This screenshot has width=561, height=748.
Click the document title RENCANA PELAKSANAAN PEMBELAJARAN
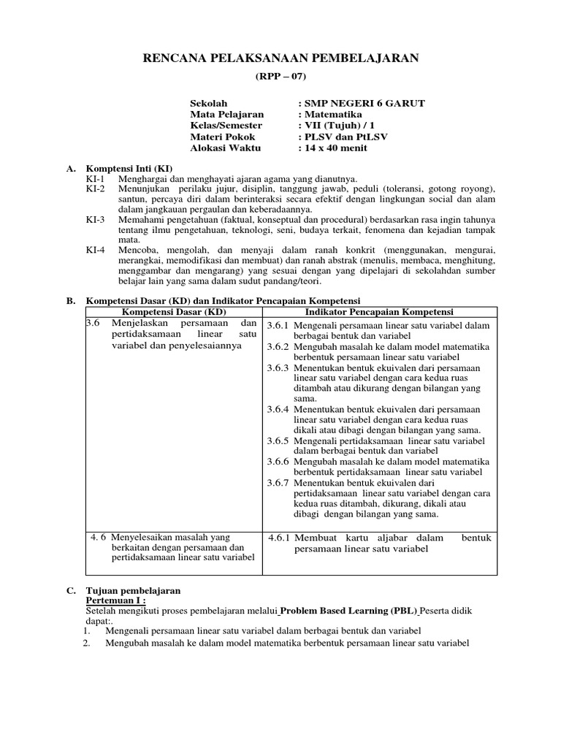(x=280, y=58)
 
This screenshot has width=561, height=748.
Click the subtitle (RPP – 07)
(x=280, y=77)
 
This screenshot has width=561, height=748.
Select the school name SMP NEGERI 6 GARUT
(x=365, y=104)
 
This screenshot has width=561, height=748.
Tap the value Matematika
(x=333, y=115)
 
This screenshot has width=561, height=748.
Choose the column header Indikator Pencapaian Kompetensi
(x=379, y=312)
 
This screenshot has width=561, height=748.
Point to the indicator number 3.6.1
(x=278, y=326)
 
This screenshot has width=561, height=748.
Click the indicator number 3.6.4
(x=278, y=411)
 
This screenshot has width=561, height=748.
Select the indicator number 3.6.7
(x=278, y=483)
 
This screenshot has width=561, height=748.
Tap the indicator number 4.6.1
(x=280, y=538)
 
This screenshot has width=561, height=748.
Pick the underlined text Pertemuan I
(x=115, y=600)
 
